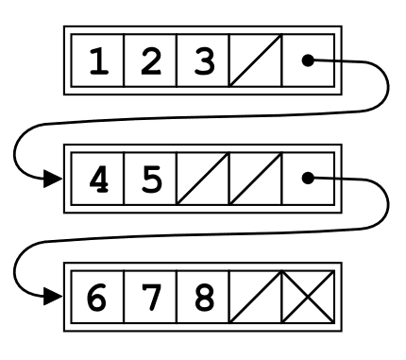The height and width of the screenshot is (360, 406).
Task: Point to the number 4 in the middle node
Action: coord(97,178)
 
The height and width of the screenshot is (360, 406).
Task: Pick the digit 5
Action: coord(149,178)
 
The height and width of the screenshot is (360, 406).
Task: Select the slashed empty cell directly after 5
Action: coord(201,178)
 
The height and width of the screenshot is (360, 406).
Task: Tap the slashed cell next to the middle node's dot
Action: coord(254,178)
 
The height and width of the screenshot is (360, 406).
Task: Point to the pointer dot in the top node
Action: coord(307,61)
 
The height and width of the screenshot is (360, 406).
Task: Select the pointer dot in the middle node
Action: coord(307,177)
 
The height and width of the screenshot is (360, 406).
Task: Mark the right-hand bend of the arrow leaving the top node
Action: coord(386,90)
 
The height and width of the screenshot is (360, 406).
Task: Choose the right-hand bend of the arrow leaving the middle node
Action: coord(386,205)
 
